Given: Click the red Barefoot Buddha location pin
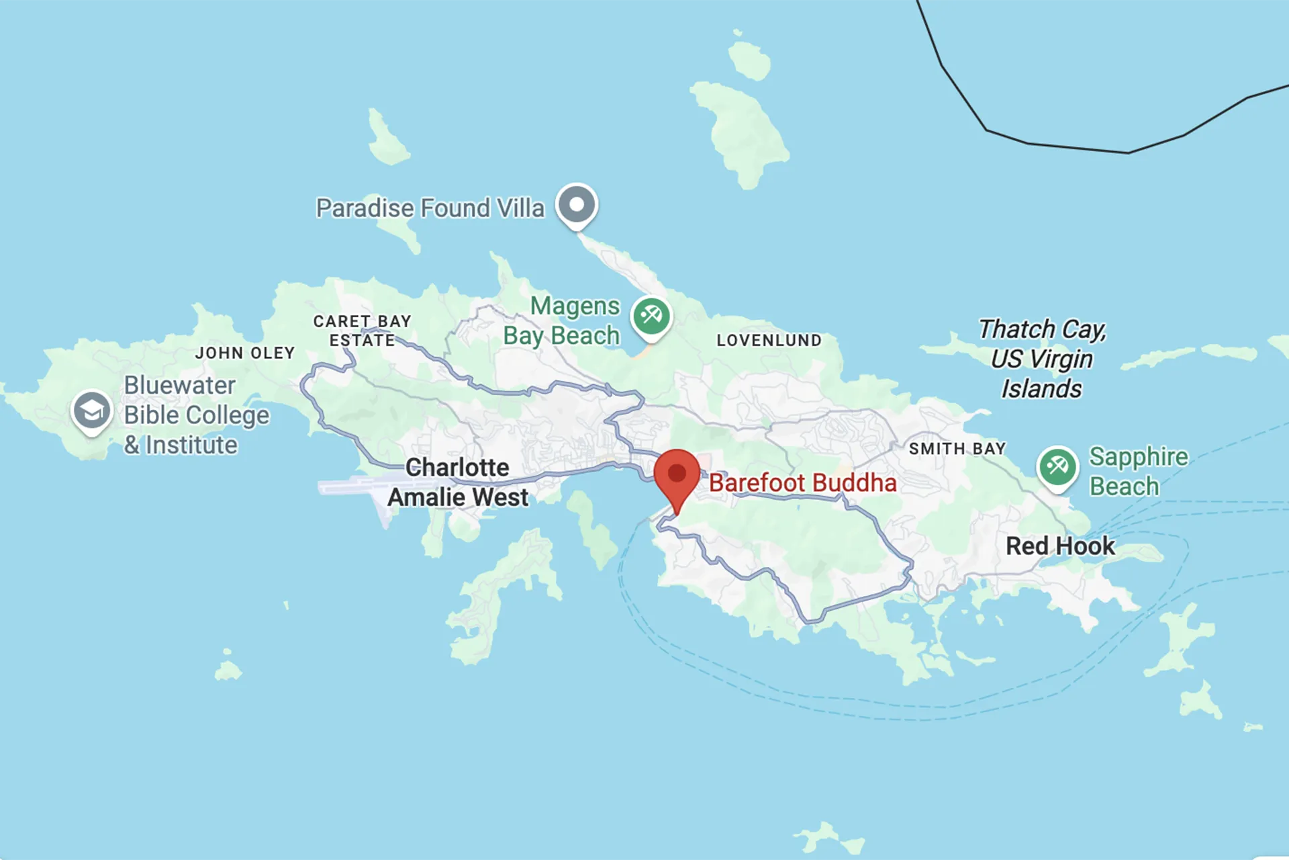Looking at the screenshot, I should pos(677,474).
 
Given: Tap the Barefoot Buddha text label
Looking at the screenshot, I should pos(802,483).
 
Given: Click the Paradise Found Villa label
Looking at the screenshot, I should pos(430,208).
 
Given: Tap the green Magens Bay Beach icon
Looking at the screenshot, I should pos(651,315).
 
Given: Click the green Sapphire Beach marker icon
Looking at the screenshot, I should pos(1057,466).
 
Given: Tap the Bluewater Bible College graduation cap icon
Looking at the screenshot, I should pos(91,410).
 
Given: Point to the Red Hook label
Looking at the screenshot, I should pos(1060,546).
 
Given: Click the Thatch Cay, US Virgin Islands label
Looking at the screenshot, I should pos(1041,359).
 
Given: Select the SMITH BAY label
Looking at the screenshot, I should pos(957,449).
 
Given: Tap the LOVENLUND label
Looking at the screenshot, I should pos(769,341).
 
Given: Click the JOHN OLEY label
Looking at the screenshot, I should pos(245,353).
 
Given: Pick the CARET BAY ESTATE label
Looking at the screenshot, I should pos(363,331).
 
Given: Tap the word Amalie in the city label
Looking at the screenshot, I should pos(426,498).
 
